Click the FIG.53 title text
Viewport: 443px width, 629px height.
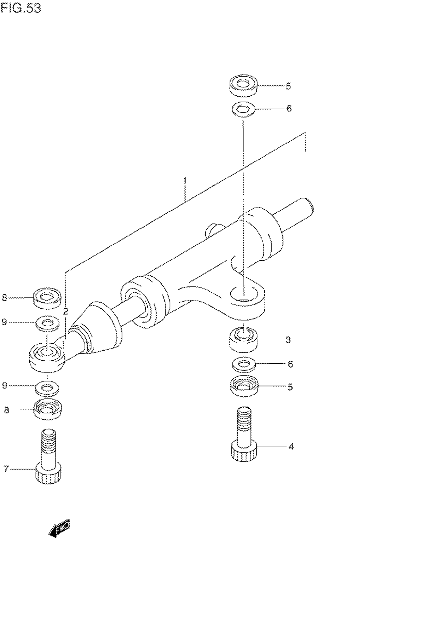(x=21, y=8)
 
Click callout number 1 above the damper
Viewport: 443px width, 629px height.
(x=185, y=180)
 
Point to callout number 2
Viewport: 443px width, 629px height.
(x=65, y=312)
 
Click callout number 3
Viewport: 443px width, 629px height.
(x=288, y=340)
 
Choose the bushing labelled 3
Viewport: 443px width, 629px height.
(x=243, y=340)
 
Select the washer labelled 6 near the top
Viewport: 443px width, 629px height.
(x=243, y=109)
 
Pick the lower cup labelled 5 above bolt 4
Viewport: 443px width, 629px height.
(x=244, y=386)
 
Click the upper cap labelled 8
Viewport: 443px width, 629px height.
(x=47, y=298)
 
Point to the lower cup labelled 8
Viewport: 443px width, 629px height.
(x=48, y=409)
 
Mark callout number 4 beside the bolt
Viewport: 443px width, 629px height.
(x=291, y=447)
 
